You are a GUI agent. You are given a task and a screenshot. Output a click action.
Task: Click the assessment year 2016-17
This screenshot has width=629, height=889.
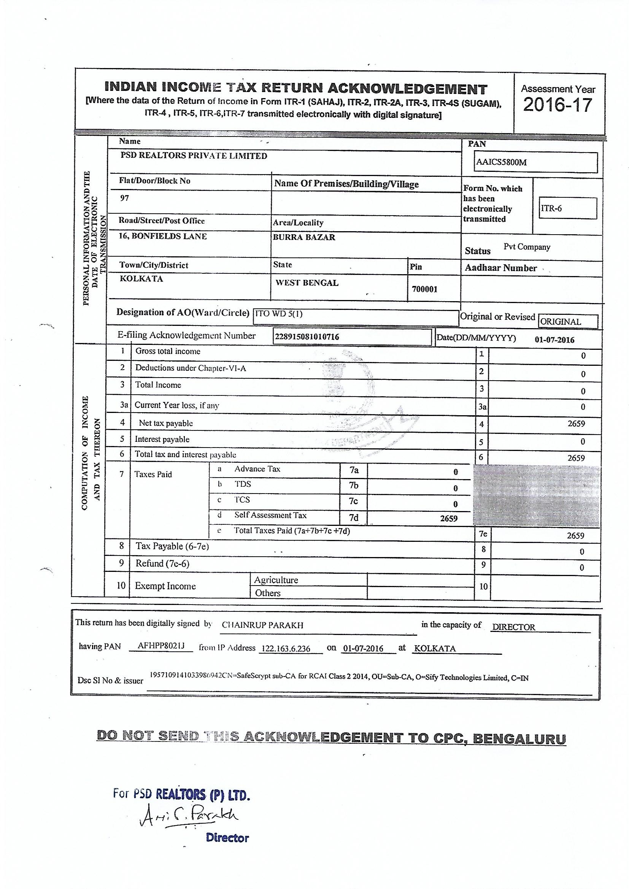point(558,105)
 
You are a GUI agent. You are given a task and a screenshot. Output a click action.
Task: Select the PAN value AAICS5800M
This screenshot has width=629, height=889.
point(501,162)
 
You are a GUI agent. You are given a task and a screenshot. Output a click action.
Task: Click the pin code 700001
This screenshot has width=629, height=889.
point(424,289)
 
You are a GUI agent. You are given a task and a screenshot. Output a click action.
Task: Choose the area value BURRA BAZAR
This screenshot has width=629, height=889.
point(304,237)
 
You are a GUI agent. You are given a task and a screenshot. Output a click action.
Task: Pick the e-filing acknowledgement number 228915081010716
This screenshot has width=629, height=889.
point(307,337)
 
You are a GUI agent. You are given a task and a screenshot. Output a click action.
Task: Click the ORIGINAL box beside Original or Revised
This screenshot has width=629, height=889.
point(561,322)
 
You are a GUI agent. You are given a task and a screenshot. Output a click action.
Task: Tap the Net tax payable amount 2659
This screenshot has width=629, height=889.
point(576,424)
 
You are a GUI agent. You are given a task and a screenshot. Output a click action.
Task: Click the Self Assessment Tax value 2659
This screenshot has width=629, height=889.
point(448,518)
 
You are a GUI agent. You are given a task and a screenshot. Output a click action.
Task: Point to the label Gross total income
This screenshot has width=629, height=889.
point(168,351)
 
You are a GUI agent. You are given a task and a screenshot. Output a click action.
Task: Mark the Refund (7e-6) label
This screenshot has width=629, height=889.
point(162,564)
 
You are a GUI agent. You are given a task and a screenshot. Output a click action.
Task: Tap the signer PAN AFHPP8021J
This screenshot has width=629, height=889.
point(161,646)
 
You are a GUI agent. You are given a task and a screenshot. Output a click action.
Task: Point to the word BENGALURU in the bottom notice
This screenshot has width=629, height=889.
point(519,738)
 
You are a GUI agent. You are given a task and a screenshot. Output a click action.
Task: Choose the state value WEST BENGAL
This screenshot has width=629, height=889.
point(307,283)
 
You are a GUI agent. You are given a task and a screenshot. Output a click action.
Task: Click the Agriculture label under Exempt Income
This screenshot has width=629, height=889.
point(276,580)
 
